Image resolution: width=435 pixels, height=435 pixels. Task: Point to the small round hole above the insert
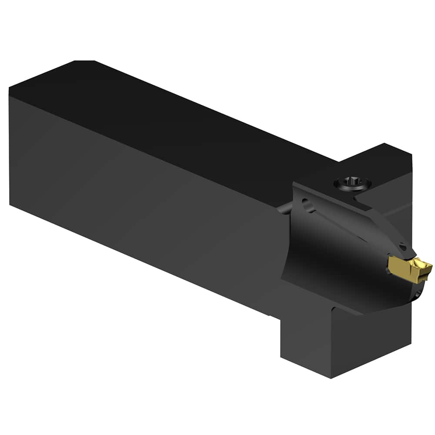point(403,247)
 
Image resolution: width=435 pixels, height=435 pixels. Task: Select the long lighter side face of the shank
point(144,196)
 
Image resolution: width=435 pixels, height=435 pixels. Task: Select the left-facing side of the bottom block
point(304,339)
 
